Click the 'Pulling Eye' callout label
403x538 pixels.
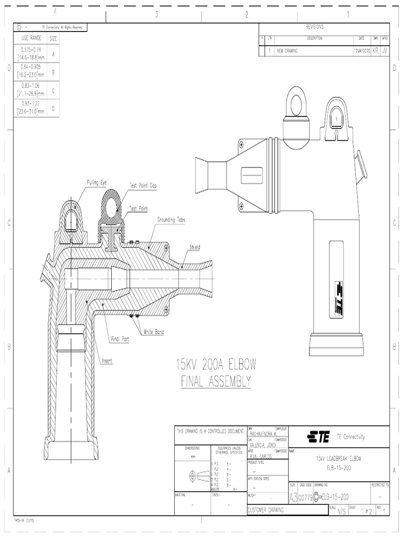pyautogui.click(x=97, y=182)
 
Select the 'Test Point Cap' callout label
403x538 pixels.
pyautogui.click(x=143, y=185)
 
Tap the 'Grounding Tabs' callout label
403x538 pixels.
pyautogui.click(x=171, y=219)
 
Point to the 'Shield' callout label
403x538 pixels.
pyautogui.click(x=195, y=246)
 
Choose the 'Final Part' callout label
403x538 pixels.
pyautogui.click(x=120, y=339)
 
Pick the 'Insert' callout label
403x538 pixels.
pyautogui.click(x=107, y=361)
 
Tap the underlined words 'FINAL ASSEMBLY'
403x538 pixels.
pyautogui.click(x=216, y=381)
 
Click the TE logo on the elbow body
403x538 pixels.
pyautogui.click(x=338, y=298)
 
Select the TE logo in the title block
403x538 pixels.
pyautogui.click(x=319, y=437)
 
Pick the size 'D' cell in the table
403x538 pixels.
pyautogui.click(x=54, y=109)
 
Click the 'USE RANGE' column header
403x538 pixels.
pyautogui.click(x=30, y=38)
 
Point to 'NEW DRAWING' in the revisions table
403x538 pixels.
pyautogui.click(x=288, y=51)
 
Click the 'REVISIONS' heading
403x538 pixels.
pyautogui.click(x=314, y=27)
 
